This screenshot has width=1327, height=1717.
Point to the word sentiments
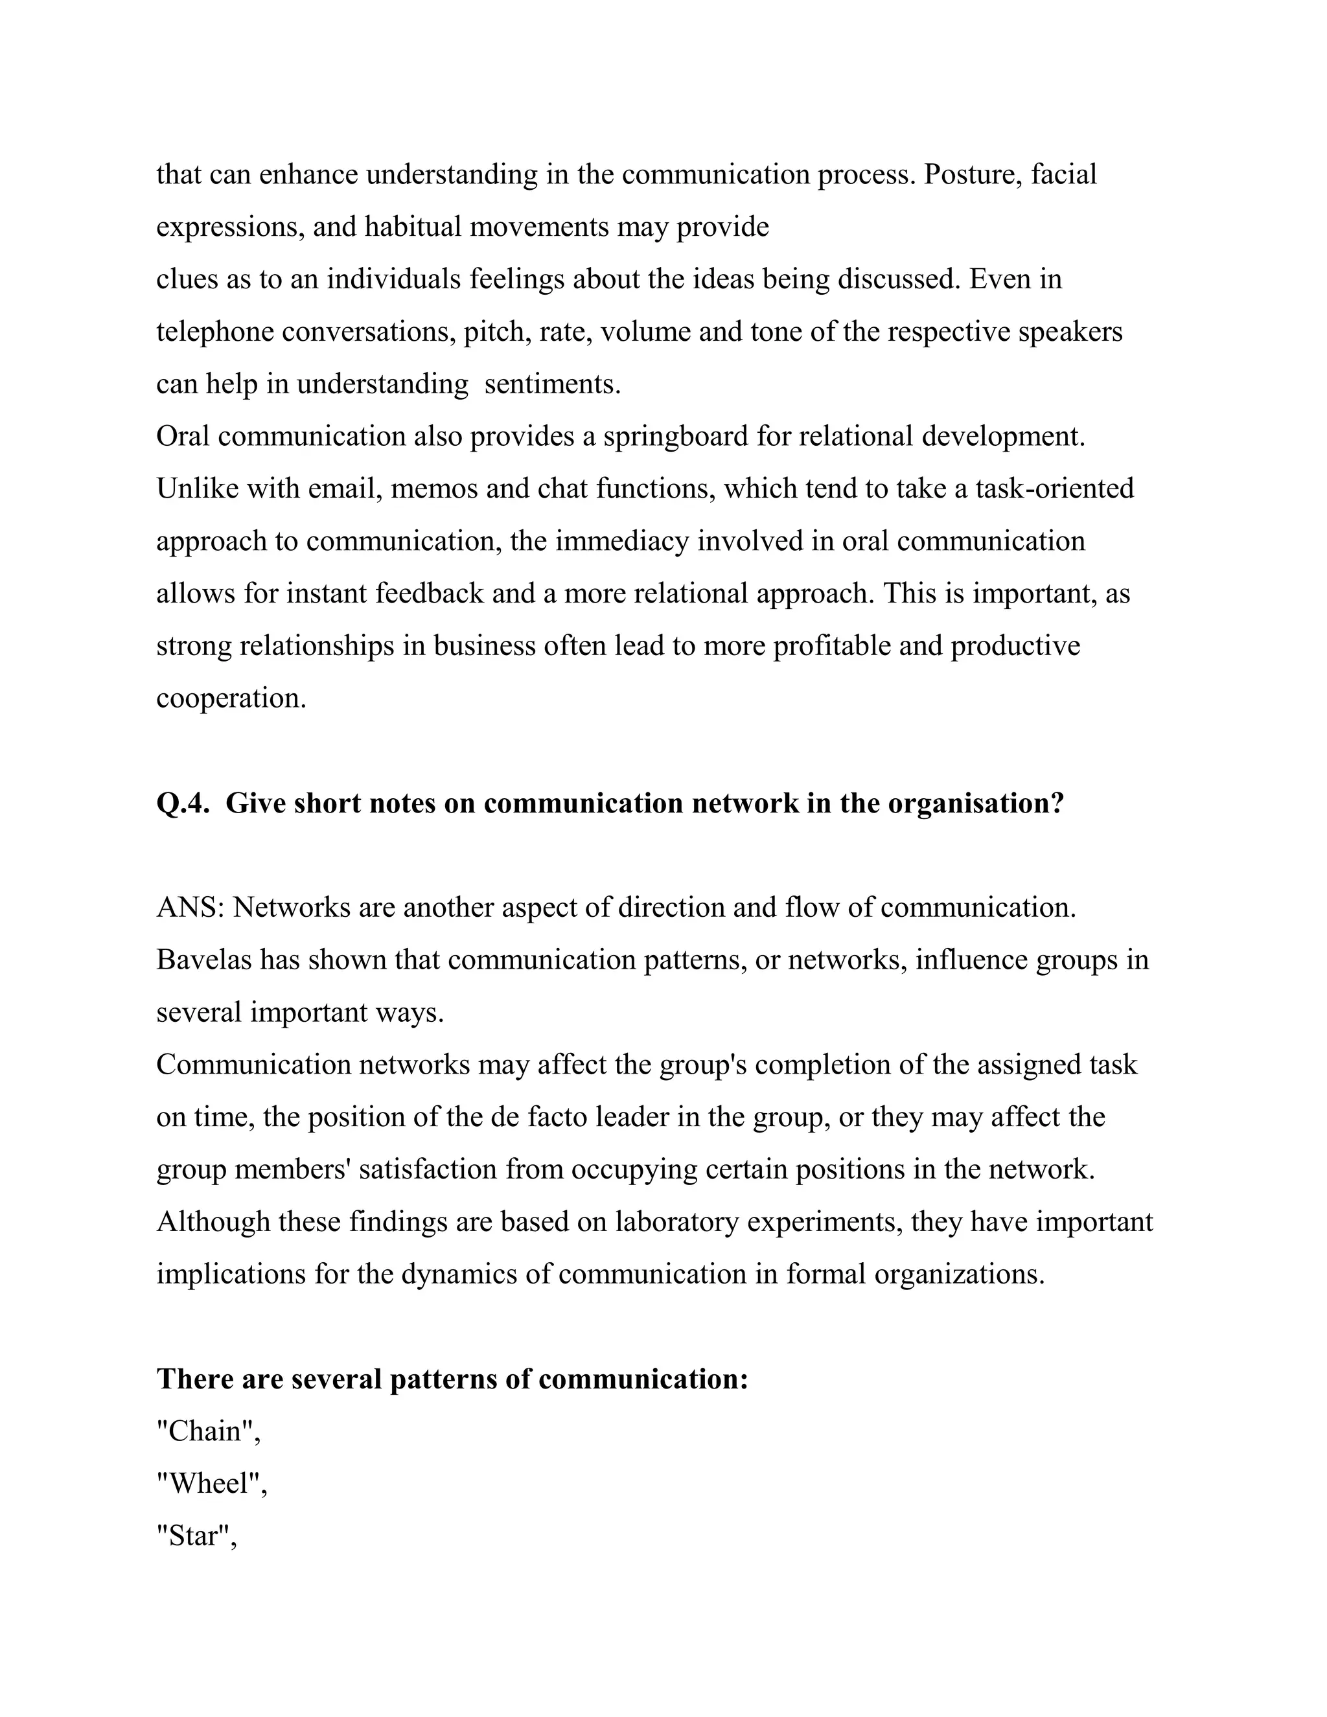[552, 384]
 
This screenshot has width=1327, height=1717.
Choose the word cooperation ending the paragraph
[231, 698]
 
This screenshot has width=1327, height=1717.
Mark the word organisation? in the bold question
[976, 803]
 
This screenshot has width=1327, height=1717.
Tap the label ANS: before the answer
[191, 907]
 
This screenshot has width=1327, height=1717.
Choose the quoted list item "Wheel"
[211, 1484]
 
